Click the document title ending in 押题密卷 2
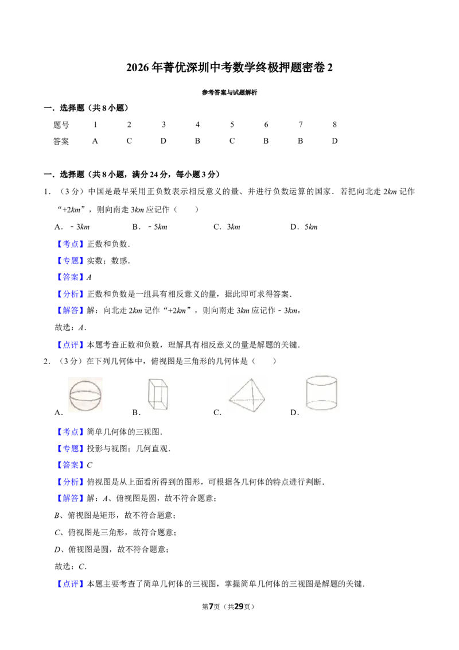(x=229, y=67)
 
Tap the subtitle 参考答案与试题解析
(x=229, y=92)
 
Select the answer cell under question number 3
(x=163, y=141)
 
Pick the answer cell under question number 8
(x=334, y=141)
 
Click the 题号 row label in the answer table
(x=61, y=125)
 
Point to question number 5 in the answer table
(x=232, y=125)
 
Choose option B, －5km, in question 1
(x=150, y=227)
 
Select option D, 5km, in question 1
(x=304, y=227)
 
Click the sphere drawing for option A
(x=85, y=394)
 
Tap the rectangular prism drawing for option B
(x=158, y=394)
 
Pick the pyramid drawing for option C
(x=247, y=395)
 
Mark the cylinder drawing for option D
(x=321, y=393)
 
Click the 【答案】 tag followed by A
(x=70, y=277)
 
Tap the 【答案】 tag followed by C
(x=70, y=465)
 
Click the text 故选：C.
(x=71, y=566)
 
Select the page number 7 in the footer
(x=211, y=606)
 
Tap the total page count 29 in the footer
(x=239, y=606)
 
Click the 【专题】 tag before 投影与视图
(x=70, y=448)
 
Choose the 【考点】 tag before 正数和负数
(x=70, y=244)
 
